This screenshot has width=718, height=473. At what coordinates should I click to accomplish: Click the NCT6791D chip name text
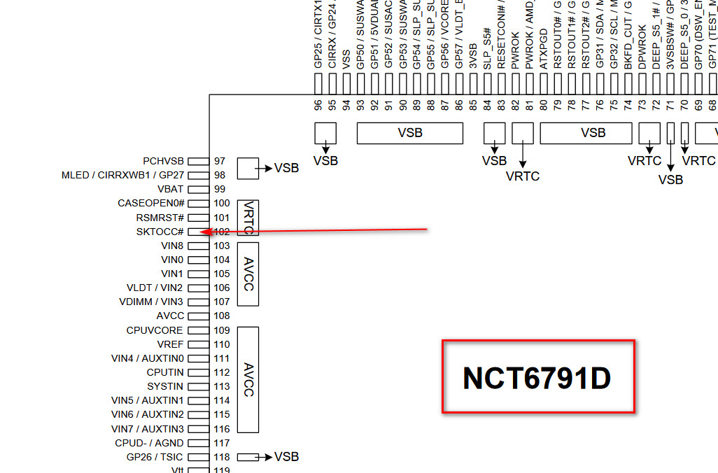pos(537,379)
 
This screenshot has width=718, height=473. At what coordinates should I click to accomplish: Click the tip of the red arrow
pos(202,232)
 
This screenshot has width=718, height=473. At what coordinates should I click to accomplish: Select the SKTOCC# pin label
pos(160,232)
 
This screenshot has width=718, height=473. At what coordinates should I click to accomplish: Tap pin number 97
pos(220,161)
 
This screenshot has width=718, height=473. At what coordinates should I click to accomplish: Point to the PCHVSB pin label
pos(163,161)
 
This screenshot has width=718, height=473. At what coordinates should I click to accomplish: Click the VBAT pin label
pos(171,189)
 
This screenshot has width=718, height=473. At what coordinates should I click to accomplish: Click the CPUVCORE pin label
pos(155,330)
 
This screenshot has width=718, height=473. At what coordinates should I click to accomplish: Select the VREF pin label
pos(170,344)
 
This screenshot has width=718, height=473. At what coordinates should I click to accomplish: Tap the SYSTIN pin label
pos(165,386)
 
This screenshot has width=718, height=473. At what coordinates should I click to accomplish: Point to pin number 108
pos(222,316)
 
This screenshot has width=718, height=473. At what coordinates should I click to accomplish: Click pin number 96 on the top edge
pos(318,105)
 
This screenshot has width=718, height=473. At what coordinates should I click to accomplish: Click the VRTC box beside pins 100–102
pos(248,218)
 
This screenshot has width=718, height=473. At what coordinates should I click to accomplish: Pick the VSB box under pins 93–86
pos(409,133)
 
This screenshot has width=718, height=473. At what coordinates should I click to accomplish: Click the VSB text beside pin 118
pos(286,457)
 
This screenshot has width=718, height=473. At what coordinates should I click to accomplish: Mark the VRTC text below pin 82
pos(523,176)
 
